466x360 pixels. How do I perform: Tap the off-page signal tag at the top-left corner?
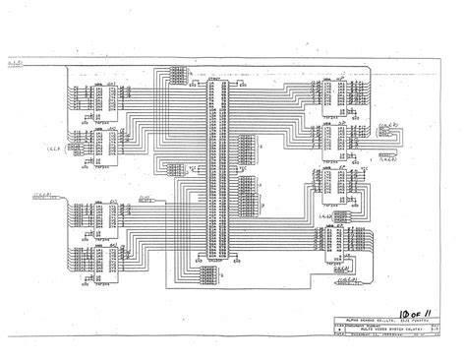pos(17,65)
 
